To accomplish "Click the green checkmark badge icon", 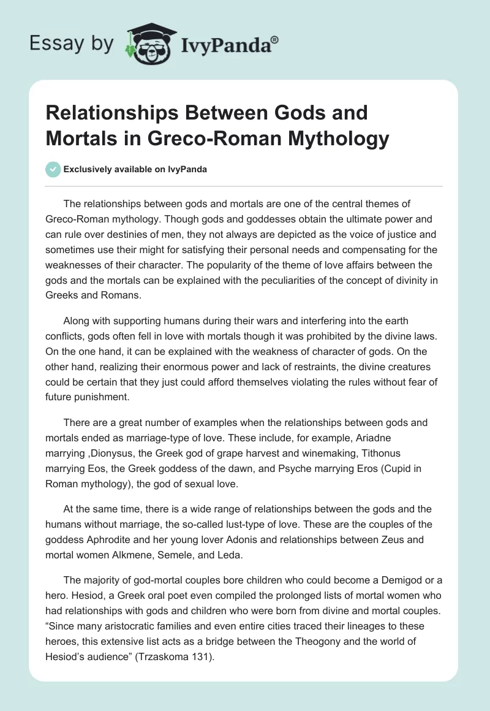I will point(53,169).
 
